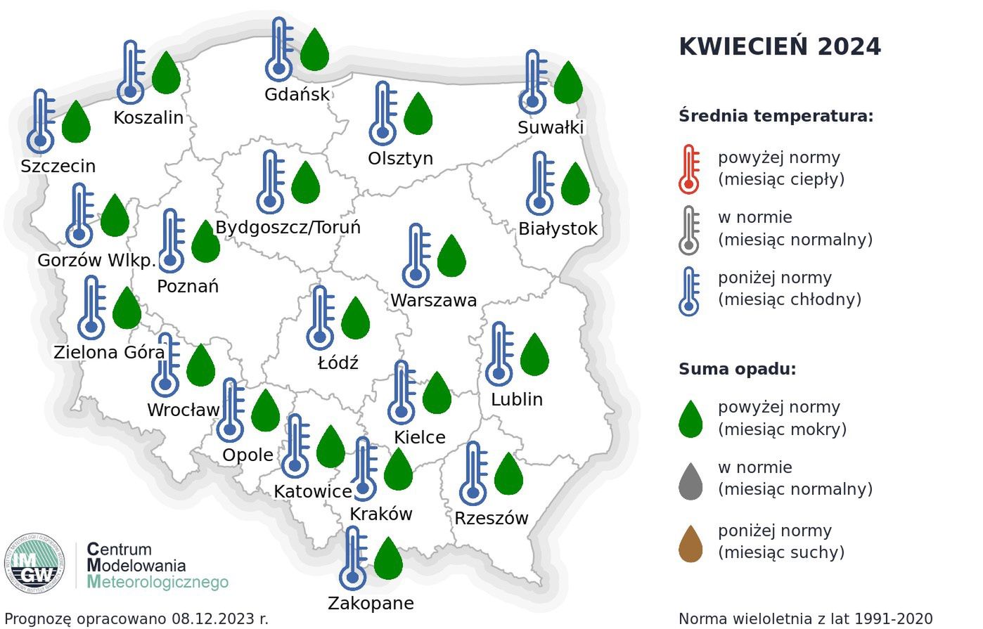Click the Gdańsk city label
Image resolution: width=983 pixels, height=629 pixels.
(297, 94)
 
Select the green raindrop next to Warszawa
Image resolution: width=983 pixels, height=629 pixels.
(451, 255)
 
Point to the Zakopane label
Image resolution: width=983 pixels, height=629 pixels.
(371, 603)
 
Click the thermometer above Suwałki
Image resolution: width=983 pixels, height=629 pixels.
(534, 82)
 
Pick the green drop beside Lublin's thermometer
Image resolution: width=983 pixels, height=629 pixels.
(534, 354)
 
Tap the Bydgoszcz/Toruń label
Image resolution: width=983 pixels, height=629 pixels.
(288, 228)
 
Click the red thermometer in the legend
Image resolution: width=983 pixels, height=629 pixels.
(689, 169)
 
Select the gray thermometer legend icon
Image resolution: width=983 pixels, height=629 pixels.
(689, 230)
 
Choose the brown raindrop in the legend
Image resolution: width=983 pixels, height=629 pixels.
(690, 544)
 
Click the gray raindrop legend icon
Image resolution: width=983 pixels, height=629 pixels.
(690, 481)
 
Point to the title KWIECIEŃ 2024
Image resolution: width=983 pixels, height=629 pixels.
(779, 47)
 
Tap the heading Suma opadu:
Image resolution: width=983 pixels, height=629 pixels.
(737, 369)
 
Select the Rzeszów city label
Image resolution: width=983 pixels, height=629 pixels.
(491, 519)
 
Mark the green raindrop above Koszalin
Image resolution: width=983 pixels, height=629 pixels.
(167, 72)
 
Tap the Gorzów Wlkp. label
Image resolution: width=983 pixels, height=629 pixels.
(96, 261)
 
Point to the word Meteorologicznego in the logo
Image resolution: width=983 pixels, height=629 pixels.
(158, 582)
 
